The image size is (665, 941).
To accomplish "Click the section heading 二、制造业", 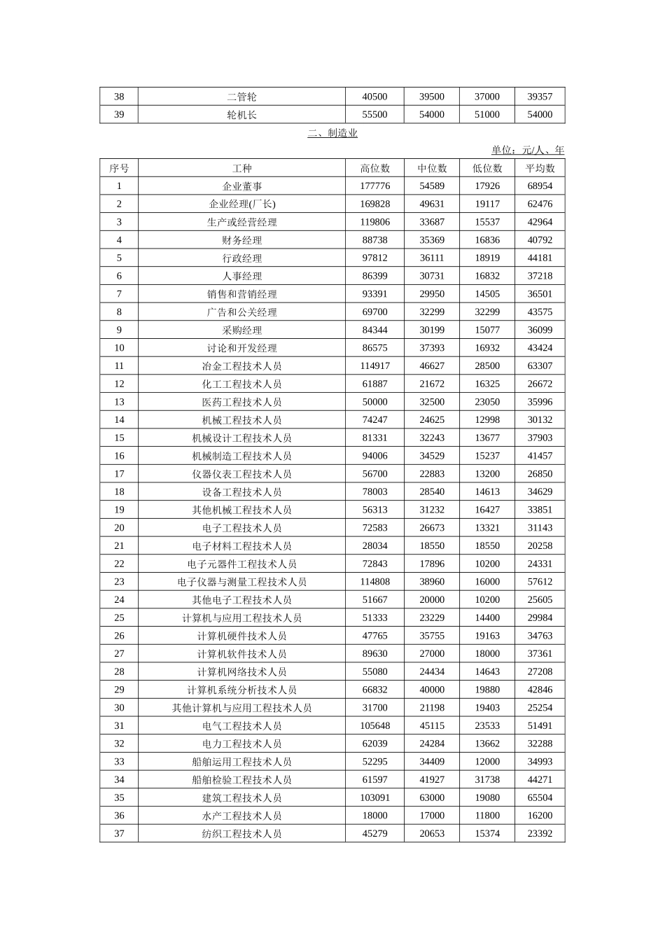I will coord(332,133).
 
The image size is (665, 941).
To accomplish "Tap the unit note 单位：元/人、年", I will coord(527,150).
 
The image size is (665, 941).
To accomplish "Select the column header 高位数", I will coord(374,168).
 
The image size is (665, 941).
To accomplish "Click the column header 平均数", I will coord(540,168).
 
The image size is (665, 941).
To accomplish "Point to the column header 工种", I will coord(241,168).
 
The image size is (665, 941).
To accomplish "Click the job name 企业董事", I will coord(241,186).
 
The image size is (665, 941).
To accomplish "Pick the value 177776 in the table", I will coord(374,186).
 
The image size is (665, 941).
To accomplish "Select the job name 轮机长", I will coord(241,115).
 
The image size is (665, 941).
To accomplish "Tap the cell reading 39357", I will coord(540,97).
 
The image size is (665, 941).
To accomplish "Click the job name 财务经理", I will coord(241,240).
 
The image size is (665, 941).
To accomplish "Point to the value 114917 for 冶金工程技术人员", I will coord(374,366).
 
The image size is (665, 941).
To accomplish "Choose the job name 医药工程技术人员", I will coord(241,402).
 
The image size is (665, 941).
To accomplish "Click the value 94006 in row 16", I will coord(374,456).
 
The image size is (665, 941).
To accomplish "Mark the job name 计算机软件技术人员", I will coord(241,654).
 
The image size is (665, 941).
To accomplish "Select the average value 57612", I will coord(540,582).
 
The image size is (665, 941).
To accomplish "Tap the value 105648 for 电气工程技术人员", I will coord(374,726).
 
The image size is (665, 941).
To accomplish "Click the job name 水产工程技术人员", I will coord(241,816).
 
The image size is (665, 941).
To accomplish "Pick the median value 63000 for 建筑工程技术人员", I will coord(432,797).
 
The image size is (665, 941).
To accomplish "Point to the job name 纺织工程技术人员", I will coord(241,834).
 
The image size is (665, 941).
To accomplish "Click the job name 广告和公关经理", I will coord(241,312).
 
